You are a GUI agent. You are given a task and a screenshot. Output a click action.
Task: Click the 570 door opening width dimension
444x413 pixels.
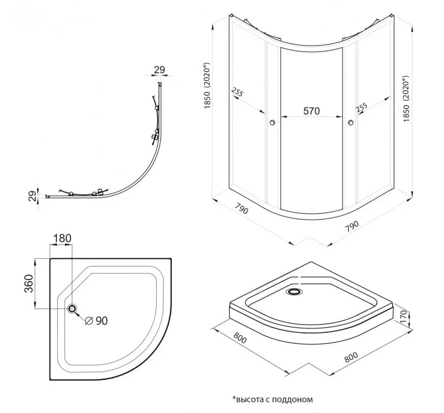point(311,111)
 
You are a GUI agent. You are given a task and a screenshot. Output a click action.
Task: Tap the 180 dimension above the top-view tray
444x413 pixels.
point(63,238)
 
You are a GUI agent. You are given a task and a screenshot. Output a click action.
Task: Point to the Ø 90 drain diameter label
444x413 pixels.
point(96,320)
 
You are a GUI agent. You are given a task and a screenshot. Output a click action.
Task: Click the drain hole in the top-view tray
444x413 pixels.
point(73,309)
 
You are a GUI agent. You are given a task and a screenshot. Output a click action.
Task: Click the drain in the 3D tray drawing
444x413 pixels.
point(294,292)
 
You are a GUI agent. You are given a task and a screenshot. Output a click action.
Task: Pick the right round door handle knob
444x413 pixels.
point(350,122)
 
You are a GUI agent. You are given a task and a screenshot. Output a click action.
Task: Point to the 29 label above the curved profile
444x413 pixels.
point(160,69)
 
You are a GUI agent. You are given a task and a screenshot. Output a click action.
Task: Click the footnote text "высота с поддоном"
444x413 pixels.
point(272,399)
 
